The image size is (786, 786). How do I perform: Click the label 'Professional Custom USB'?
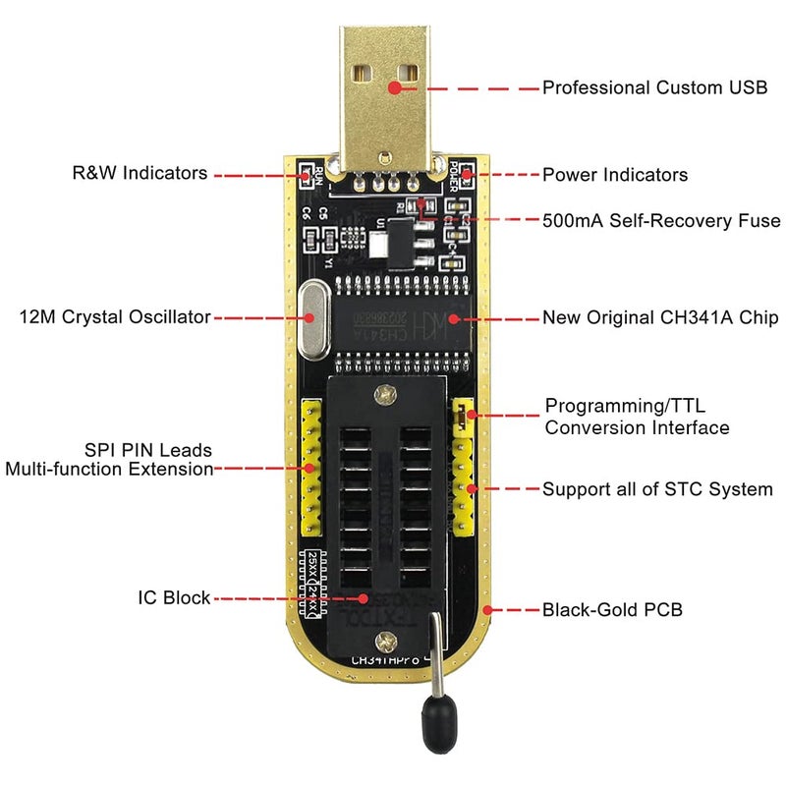click(x=654, y=87)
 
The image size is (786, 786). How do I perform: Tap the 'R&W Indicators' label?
click(x=140, y=173)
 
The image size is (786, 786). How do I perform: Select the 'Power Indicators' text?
click(x=615, y=175)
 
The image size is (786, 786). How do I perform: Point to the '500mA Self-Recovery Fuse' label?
click(x=661, y=220)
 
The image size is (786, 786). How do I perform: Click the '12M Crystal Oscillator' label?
click(x=115, y=317)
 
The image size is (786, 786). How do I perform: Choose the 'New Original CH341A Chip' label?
click(x=660, y=318)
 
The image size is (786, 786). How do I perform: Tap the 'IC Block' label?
click(x=174, y=597)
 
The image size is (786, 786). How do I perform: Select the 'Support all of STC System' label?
click(x=657, y=488)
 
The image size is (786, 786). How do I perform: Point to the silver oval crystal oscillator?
click(x=311, y=317)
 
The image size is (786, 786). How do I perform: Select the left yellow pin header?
click(x=311, y=459)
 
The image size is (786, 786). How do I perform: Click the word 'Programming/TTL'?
click(x=625, y=406)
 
